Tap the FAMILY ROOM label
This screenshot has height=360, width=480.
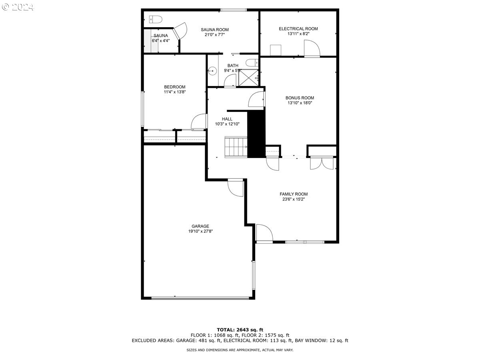click(294, 194)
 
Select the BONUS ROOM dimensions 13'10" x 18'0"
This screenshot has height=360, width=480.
click(300, 103)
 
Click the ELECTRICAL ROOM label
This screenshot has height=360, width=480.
click(298, 28)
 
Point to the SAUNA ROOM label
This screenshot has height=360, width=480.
click(214, 30)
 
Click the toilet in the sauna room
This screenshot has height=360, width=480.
click(154, 19)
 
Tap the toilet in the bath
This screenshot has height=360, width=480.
click(252, 62)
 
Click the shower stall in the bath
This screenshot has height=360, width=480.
click(248, 77)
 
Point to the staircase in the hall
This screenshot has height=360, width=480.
click(236, 146)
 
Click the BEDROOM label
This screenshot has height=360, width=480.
click(175, 87)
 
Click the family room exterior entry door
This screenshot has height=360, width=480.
click(264, 234)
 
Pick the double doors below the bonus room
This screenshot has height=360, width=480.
click(322, 163)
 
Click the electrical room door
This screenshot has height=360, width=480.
click(312, 49)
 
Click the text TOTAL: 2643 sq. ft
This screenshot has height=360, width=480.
click(240, 330)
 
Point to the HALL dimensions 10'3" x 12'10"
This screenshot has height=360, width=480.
click(227, 124)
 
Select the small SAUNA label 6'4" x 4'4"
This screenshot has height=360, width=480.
click(160, 40)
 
